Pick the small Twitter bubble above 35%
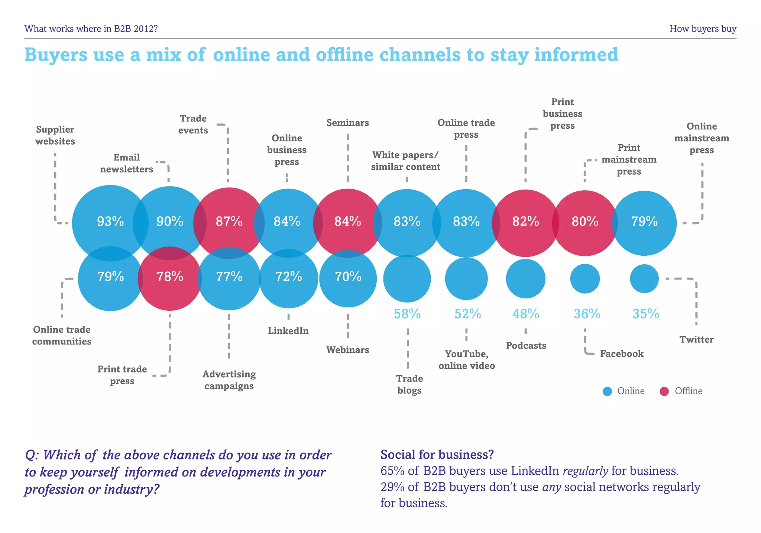(x=644, y=278)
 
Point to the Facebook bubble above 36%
(x=585, y=278)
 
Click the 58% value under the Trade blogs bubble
(x=407, y=314)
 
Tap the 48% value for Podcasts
(x=526, y=314)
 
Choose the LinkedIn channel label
(x=288, y=331)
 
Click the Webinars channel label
(x=348, y=350)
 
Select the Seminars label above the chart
(x=348, y=123)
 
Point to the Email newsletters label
(x=127, y=163)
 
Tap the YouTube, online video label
(x=467, y=359)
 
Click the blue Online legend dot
(x=607, y=391)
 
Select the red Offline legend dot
(x=664, y=391)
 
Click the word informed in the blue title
(x=576, y=55)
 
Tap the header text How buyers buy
(x=703, y=29)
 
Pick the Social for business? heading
(x=437, y=454)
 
